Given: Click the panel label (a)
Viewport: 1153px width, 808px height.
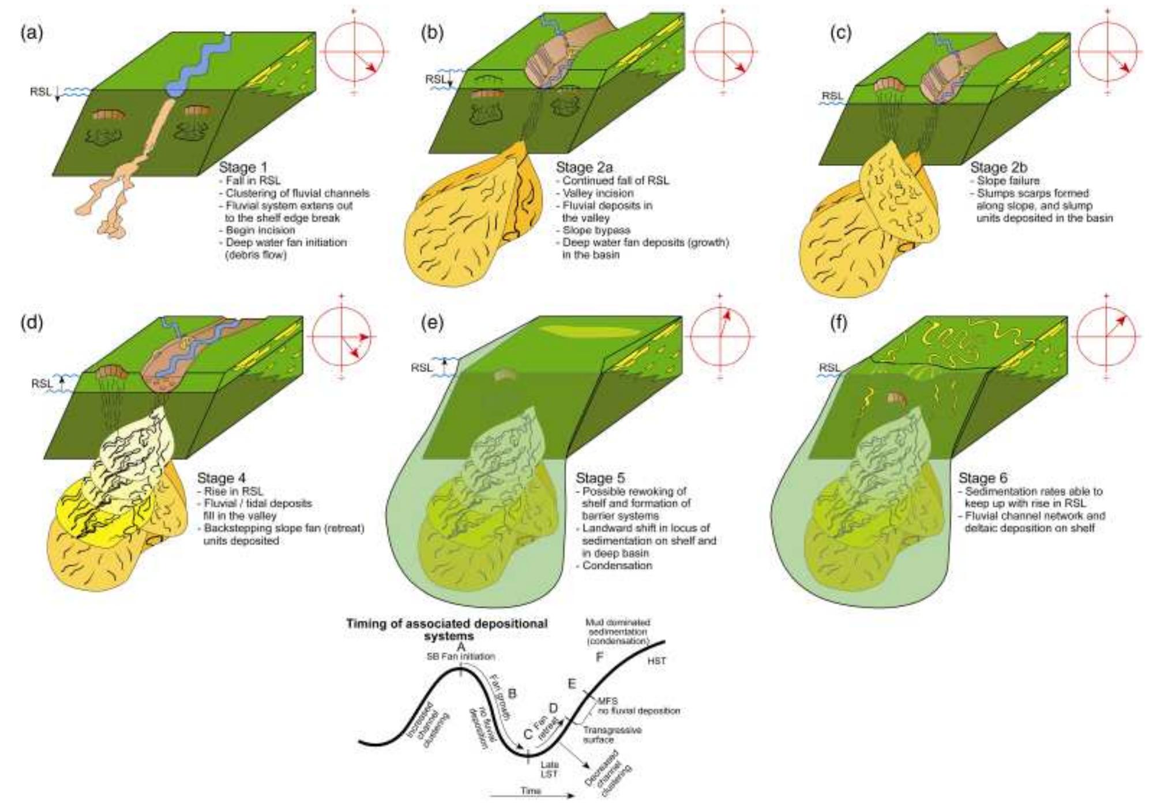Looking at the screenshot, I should [x=32, y=33].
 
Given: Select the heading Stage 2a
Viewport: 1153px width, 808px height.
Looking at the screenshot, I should [x=584, y=167].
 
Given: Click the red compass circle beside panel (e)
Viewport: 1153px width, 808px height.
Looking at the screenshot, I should [x=719, y=337].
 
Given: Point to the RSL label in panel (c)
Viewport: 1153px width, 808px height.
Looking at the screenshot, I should [x=832, y=96].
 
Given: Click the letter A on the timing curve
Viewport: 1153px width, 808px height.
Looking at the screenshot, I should [x=460, y=647].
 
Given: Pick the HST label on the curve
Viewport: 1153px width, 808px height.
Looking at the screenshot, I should [x=656, y=661].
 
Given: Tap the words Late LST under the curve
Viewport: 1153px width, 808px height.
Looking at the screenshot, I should [x=549, y=769].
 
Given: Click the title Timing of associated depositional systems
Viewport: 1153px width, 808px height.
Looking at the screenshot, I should [x=446, y=629].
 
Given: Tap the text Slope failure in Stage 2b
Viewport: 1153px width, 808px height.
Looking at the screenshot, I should [x=1008, y=181].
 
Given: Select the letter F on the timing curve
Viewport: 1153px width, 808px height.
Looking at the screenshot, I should [x=599, y=657].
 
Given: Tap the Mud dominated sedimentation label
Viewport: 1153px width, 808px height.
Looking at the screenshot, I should [x=617, y=632].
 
